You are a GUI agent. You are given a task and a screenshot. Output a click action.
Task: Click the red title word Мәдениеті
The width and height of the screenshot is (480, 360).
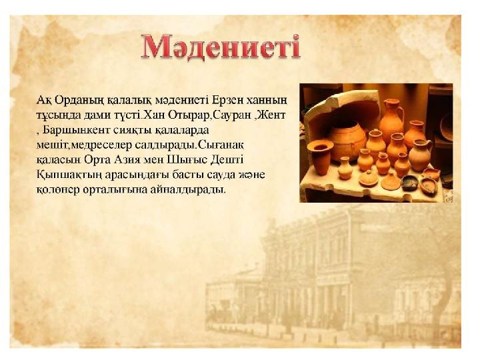[220, 47]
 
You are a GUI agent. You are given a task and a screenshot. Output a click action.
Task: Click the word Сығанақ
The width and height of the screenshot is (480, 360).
[221, 145]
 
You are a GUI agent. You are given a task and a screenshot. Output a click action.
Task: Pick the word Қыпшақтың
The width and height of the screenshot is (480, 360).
[69, 175]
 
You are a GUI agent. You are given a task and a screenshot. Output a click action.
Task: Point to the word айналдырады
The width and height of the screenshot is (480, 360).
[188, 190]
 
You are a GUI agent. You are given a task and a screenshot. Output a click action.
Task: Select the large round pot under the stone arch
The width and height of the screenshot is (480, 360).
[347, 140]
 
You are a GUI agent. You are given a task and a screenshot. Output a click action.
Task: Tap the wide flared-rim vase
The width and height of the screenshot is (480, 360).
[320, 157]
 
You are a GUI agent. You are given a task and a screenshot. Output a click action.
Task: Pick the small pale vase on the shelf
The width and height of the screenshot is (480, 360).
[345, 168]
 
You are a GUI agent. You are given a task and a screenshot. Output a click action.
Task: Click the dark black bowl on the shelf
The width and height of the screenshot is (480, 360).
[410, 183]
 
